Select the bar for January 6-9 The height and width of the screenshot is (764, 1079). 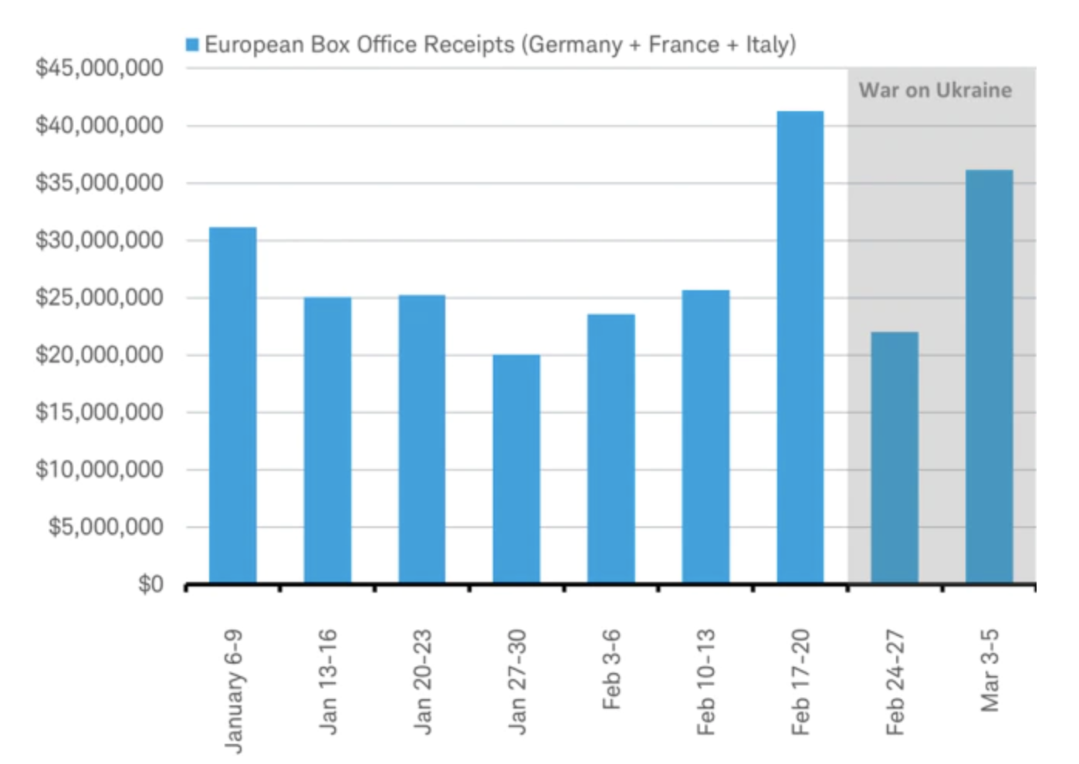tap(232, 405)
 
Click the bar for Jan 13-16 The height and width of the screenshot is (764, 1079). tap(327, 440)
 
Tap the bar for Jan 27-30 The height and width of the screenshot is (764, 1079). tap(516, 468)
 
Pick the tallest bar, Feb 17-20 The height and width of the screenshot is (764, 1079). tap(800, 347)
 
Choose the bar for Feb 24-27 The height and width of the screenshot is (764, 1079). tap(895, 457)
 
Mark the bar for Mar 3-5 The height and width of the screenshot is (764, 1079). tap(989, 376)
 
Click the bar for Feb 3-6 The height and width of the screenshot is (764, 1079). tap(611, 448)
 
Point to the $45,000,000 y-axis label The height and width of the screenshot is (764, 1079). tap(100, 68)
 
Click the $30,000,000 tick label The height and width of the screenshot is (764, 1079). tap(100, 240)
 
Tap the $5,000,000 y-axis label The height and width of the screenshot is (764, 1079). tap(106, 527)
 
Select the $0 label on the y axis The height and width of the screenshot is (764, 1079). tap(151, 584)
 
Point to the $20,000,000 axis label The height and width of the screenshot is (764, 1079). tap(100, 355)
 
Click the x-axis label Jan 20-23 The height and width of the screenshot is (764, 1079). tap(422, 681)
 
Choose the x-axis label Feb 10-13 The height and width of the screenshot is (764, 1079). tap(705, 681)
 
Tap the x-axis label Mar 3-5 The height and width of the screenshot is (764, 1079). tap(989, 669)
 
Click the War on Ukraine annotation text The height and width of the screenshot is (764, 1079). tap(935, 90)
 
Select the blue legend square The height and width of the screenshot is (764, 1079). tap(192, 45)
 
